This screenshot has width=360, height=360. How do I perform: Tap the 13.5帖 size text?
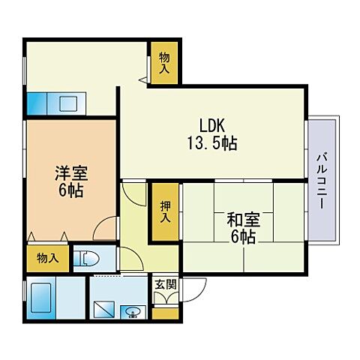tap(212, 142)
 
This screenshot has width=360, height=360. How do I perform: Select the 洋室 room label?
tap(71, 172)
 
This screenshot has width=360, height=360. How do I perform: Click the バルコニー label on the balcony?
tap(321, 181)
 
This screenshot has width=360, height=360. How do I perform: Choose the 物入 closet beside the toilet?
tap(48, 259)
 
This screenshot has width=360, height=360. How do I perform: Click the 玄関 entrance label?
tap(166, 284)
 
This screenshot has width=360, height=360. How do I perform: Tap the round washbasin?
tap(134, 310)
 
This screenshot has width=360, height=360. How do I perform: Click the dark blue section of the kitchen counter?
tap(37, 103)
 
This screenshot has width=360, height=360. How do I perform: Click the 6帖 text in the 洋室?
tap(71, 190)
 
